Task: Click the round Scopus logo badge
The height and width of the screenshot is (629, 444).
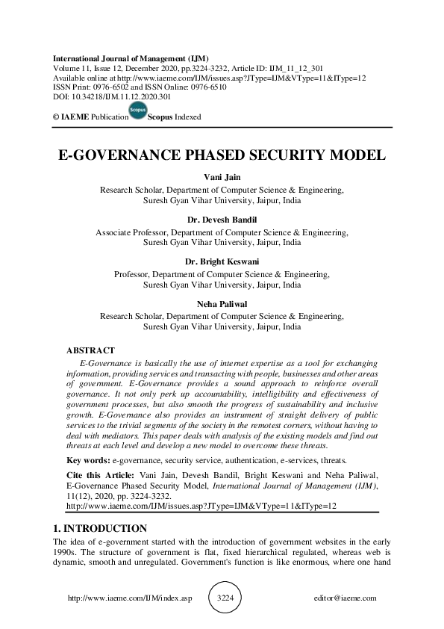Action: pyautogui.click(x=137, y=112)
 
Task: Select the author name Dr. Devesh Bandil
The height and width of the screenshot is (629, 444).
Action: pyautogui.click(x=222, y=221)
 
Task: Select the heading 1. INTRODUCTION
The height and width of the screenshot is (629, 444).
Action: pyautogui.click(x=100, y=528)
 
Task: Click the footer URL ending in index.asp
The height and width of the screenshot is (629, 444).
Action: pyautogui.click(x=129, y=598)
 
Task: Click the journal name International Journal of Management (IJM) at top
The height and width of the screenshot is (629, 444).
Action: pyautogui.click(x=131, y=58)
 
